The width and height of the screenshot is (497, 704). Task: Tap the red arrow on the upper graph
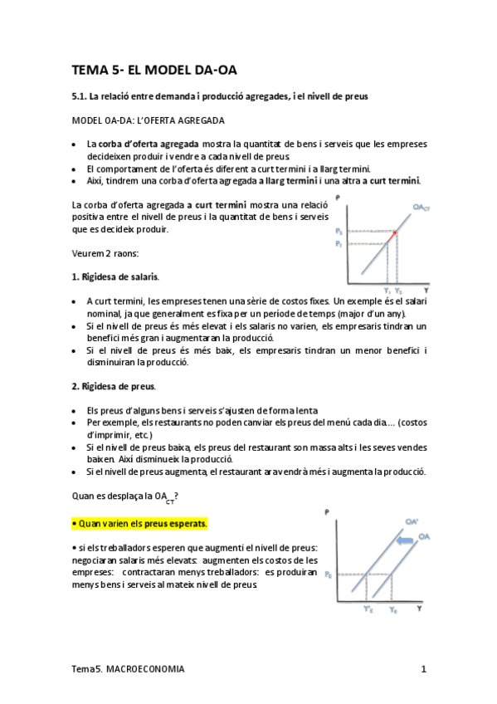click(x=393, y=235)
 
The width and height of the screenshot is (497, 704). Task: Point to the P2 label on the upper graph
click(x=338, y=230)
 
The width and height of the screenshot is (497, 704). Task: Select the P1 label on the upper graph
click(x=338, y=243)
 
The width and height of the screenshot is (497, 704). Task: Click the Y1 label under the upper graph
click(x=387, y=290)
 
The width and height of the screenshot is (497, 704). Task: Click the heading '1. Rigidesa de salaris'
click(x=116, y=275)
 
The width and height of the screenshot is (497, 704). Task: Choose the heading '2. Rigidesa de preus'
click(x=114, y=386)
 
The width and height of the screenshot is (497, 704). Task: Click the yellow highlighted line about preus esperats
click(x=139, y=524)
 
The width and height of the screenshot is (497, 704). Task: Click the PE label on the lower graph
click(x=329, y=574)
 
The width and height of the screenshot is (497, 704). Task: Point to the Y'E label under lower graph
click(x=368, y=609)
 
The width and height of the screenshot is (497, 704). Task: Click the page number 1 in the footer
click(x=423, y=668)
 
